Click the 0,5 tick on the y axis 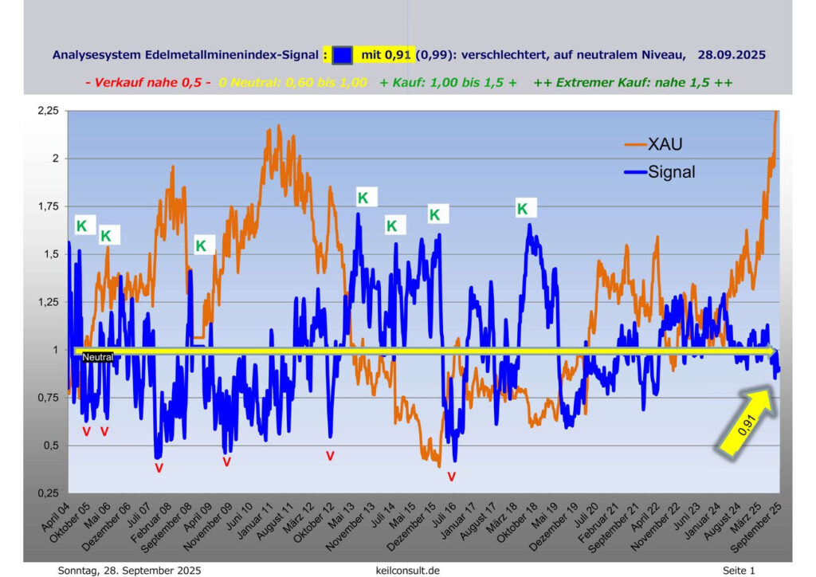point(49,446)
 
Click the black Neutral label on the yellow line point(98,358)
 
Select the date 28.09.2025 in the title point(731,55)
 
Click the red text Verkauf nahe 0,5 point(147,82)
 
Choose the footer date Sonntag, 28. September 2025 point(129,571)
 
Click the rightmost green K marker point(523,209)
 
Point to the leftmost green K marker point(81,226)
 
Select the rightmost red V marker point(451,477)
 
